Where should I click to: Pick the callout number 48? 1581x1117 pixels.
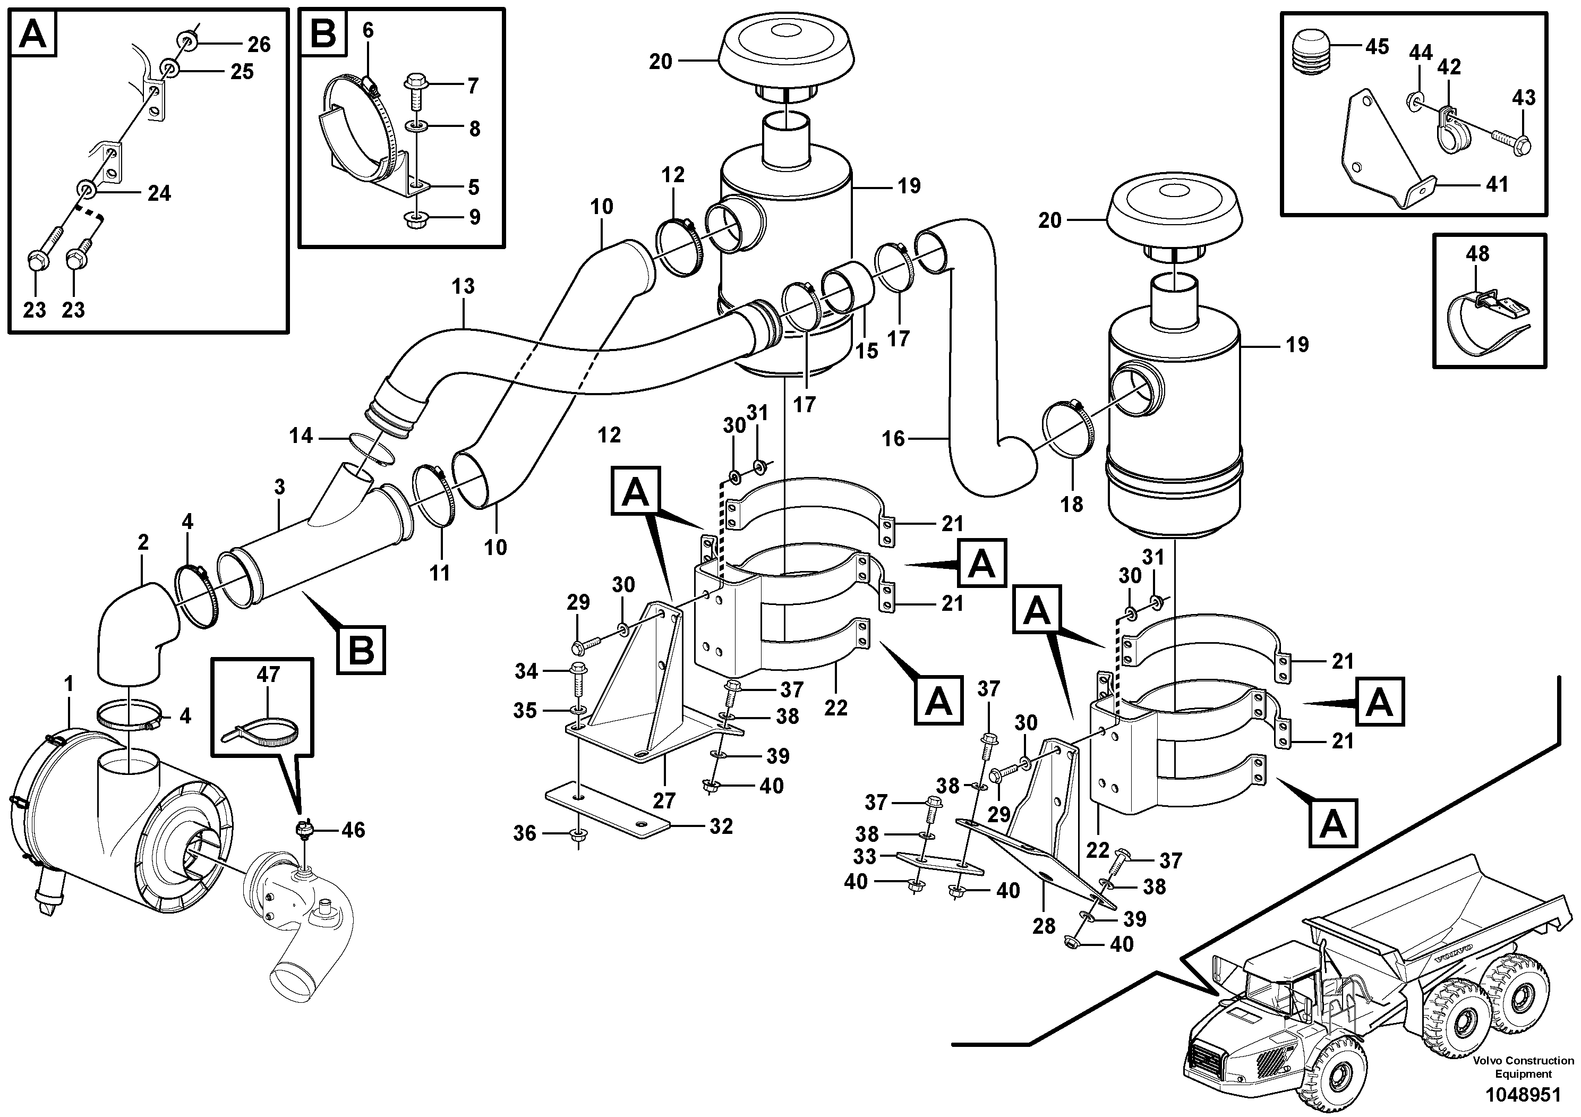[1478, 254]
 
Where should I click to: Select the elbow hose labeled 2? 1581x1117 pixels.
[136, 632]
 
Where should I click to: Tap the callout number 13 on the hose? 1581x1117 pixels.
[464, 286]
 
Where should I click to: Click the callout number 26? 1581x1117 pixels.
[259, 45]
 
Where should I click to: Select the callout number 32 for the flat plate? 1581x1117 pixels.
[721, 826]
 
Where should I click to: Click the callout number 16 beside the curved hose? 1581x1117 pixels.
[893, 439]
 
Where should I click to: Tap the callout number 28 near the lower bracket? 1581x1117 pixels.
[1044, 926]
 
